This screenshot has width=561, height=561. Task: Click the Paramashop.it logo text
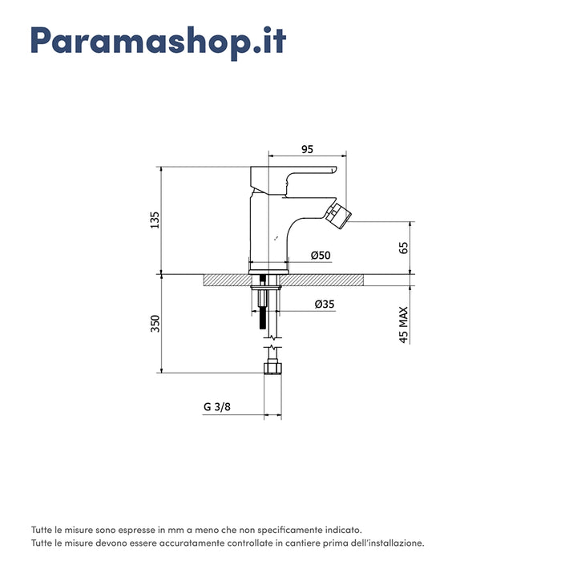[158, 42]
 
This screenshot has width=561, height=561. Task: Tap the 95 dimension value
[307, 149]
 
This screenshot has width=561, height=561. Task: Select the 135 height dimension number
[155, 220]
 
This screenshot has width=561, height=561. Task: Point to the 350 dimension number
[155, 324]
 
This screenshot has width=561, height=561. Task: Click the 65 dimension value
[403, 248]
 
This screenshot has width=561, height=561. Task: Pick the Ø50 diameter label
[321, 255]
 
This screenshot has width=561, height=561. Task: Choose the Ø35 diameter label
[325, 304]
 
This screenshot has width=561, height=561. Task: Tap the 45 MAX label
[404, 325]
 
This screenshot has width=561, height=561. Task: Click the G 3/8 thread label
[217, 407]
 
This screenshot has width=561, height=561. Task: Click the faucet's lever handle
[293, 180]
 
